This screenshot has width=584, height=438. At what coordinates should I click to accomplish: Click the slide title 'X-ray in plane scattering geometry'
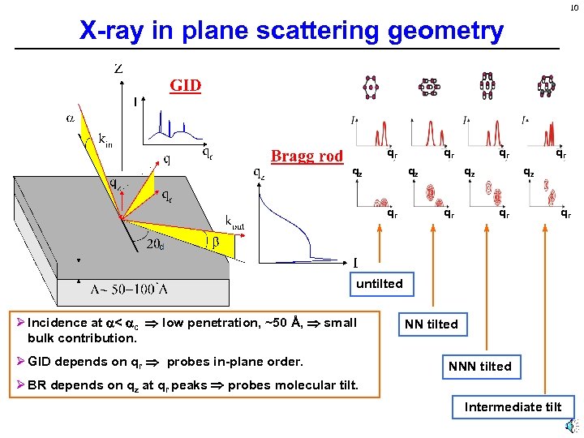coord(291,31)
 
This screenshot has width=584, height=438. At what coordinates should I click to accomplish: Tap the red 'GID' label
coord(185,85)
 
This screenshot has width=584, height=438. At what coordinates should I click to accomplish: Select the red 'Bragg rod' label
coord(307,156)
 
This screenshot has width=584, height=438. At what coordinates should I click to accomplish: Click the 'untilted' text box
coord(379,283)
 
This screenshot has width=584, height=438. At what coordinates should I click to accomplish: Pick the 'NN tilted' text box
coord(431,324)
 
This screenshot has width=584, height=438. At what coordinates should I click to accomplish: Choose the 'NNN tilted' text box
coord(479,366)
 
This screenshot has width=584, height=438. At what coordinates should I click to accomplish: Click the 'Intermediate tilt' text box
coord(513,406)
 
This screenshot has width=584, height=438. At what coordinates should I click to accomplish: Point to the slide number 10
coord(573,7)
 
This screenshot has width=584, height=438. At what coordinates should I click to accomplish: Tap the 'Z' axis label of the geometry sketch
coord(118,69)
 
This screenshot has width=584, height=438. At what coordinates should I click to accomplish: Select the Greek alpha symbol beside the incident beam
coord(71,118)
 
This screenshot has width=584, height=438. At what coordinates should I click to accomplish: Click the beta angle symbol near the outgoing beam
coord(217,241)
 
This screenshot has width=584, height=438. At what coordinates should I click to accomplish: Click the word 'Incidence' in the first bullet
coord(56,323)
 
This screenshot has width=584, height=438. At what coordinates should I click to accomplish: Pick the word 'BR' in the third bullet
coord(37,384)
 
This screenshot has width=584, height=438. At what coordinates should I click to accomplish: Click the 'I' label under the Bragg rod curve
coord(355,262)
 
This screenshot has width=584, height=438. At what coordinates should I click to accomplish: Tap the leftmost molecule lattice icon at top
coord(371,86)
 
